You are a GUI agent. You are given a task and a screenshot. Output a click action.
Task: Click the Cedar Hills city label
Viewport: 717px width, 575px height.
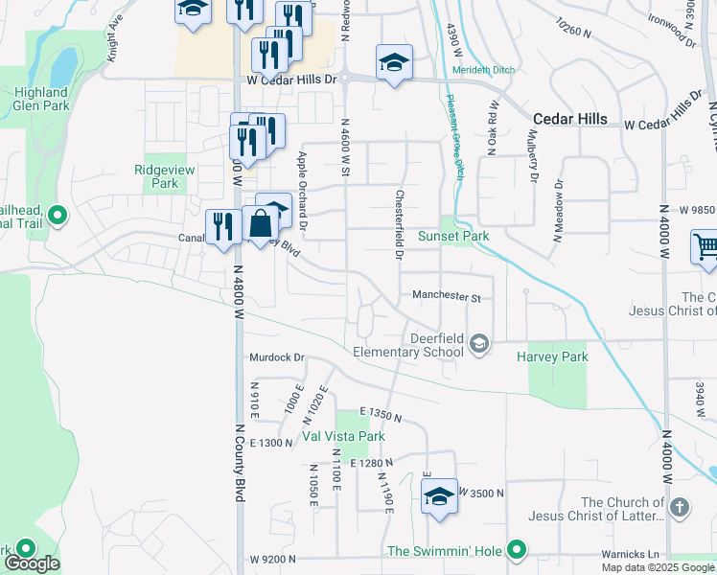569,119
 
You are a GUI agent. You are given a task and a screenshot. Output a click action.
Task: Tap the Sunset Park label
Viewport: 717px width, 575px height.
453,236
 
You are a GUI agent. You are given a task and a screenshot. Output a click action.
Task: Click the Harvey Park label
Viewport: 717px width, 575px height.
551,356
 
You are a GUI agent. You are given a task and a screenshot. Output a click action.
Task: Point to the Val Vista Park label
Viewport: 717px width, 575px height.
343,436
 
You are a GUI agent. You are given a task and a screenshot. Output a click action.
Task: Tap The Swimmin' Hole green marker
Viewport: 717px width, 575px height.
517,550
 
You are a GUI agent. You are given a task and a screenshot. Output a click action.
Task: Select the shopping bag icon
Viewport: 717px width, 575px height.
260,225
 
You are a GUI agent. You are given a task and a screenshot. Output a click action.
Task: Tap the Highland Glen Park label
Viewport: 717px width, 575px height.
40,100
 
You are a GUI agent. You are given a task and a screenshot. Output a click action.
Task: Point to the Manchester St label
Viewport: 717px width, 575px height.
446,297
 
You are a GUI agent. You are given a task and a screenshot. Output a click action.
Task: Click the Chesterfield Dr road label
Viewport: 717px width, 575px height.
398,224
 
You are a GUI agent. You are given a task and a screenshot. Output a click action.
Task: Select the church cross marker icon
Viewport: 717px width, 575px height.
679,507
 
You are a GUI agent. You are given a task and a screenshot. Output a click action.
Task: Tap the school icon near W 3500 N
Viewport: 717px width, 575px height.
439,496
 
